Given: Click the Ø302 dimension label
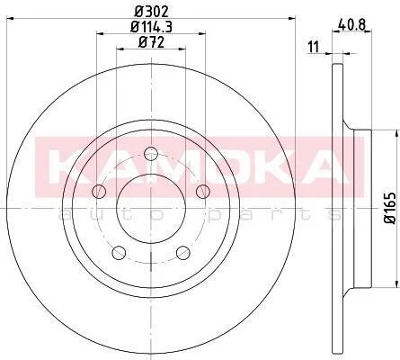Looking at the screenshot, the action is tap(151, 12).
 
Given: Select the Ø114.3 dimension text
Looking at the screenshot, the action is tap(151, 27).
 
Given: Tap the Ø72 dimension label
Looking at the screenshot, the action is tap(151, 42).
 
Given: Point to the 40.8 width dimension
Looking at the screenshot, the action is tap(351, 24).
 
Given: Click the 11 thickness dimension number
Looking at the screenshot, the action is tap(313, 47).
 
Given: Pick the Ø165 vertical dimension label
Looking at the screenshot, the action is tap(390, 208).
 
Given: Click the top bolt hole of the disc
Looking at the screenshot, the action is tap(151, 154).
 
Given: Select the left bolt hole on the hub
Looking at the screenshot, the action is tap(99, 191).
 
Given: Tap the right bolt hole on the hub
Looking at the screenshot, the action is tap(203, 191).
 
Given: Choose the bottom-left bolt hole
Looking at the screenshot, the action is tap(119, 253).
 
